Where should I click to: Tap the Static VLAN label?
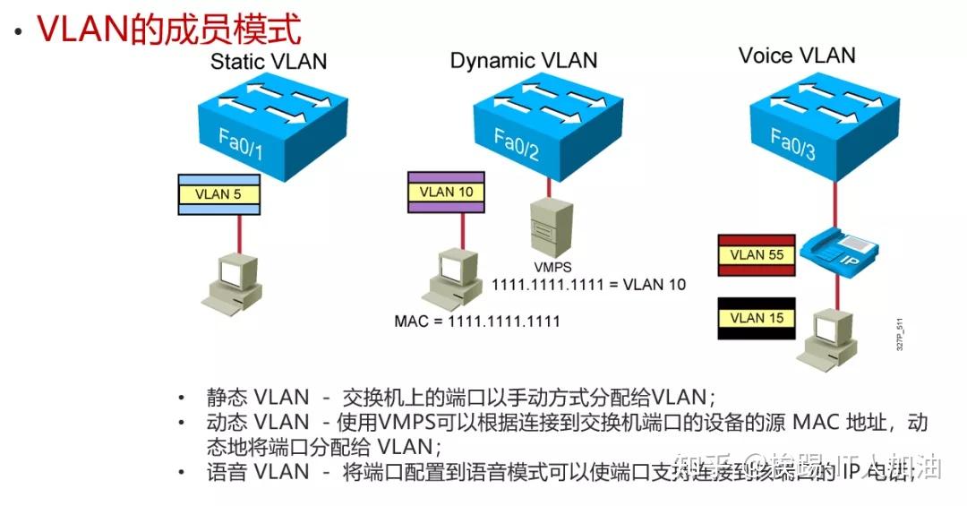tap(269, 62)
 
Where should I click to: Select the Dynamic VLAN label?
tap(523, 61)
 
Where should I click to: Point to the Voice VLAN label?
tap(796, 56)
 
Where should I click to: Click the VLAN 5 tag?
tap(219, 194)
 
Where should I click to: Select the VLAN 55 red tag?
tap(757, 254)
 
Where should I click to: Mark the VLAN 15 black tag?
tap(757, 318)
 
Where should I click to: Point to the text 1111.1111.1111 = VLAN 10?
tap(589, 285)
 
